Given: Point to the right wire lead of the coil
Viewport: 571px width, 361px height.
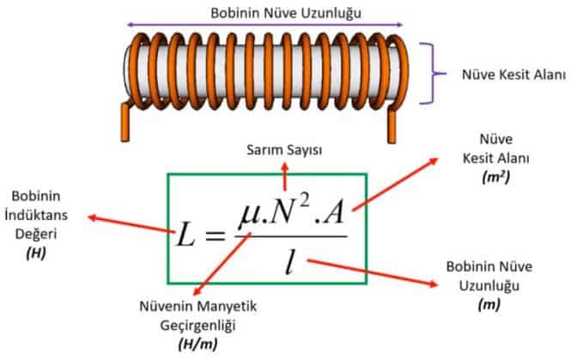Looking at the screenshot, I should [393, 125].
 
